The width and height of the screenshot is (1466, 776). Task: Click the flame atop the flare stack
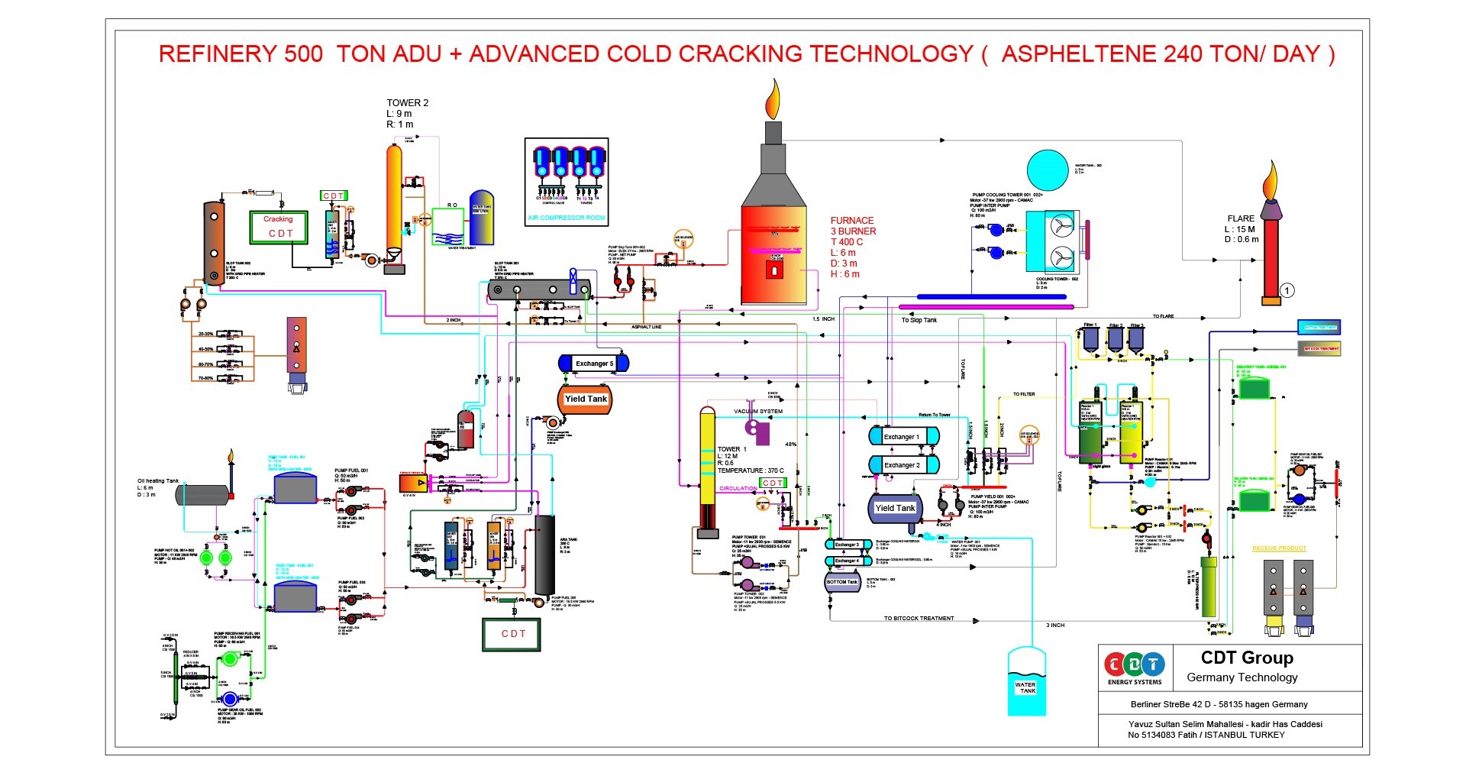tap(1270, 180)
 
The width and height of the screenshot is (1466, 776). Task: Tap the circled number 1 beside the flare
tap(1287, 290)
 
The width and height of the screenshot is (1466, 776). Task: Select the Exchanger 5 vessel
tap(593, 364)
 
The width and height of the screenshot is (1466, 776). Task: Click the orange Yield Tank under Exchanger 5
tap(586, 399)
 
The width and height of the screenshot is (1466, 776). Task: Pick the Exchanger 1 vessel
tap(903, 436)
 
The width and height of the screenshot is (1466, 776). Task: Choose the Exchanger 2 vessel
tap(903, 464)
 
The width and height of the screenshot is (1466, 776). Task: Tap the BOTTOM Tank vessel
tap(842, 583)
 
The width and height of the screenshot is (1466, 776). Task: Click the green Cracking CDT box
tap(279, 227)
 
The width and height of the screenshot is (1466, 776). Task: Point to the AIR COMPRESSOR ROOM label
tap(566, 218)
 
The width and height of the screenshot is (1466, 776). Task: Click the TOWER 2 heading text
tap(407, 102)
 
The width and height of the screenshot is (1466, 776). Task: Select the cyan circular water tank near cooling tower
tap(1048, 170)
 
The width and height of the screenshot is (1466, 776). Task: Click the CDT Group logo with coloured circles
tap(1135, 664)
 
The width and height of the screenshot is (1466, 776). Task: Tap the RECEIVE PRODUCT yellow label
tap(1279, 548)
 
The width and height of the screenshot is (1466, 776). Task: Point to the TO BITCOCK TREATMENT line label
tap(919, 618)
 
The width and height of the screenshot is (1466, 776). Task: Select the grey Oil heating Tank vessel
tap(202, 495)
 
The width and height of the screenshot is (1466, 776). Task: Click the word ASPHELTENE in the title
tap(1078, 54)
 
